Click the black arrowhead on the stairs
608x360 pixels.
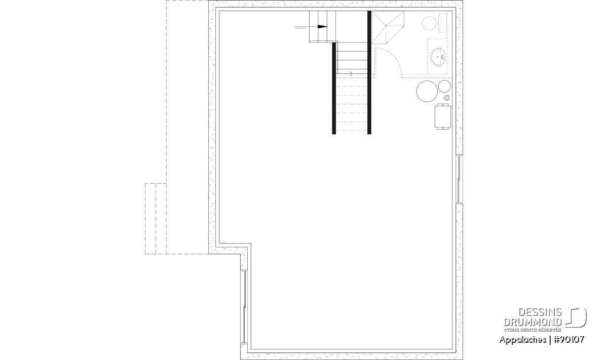323,27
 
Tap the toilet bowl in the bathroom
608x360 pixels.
429,23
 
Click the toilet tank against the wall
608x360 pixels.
442,23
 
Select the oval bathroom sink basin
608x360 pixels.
438,57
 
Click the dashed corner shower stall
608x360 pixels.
388,27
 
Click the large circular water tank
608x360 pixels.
427,91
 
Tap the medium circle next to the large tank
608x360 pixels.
444,86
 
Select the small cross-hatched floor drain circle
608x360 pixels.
447,98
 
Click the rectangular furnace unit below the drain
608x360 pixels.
443,116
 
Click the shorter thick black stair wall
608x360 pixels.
334,88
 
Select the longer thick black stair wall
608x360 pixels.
369,72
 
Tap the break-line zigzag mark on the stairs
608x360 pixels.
351,73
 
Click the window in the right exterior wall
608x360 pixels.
459,179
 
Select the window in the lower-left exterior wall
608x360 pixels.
245,307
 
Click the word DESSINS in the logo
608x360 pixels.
540,312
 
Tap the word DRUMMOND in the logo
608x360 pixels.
533,322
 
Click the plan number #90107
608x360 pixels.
568,340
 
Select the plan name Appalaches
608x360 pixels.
522,340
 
